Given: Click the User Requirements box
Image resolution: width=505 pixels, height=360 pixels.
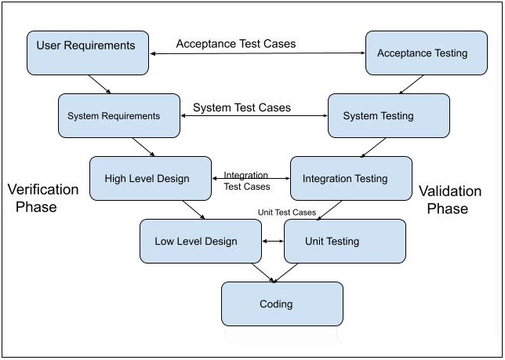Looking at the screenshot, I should click(87, 53).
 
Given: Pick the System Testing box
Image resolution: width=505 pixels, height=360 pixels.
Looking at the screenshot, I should click(388, 115).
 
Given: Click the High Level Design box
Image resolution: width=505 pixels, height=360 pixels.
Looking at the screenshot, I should click(151, 178).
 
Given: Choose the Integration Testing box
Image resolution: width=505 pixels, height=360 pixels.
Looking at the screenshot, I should click(351, 178).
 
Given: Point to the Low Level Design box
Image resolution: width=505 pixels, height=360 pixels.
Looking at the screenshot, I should click(200, 241).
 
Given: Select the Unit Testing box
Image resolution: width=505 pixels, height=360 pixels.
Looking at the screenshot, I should click(344, 241).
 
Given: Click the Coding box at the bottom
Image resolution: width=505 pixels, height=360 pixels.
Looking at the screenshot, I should click(282, 304).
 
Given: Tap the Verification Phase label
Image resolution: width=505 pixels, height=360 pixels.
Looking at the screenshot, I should click(43, 198).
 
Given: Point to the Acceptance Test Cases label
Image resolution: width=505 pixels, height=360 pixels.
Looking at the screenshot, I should click(236, 44).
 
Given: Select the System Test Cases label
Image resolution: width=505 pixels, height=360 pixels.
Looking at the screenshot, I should click(242, 107).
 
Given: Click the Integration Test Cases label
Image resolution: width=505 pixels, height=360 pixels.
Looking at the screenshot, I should click(247, 181).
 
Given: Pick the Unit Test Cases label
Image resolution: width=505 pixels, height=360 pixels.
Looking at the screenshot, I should click(287, 213).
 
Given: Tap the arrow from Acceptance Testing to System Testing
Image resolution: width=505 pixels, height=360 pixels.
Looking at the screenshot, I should click(411, 85).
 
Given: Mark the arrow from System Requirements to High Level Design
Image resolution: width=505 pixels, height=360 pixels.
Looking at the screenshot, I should click(144, 147).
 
